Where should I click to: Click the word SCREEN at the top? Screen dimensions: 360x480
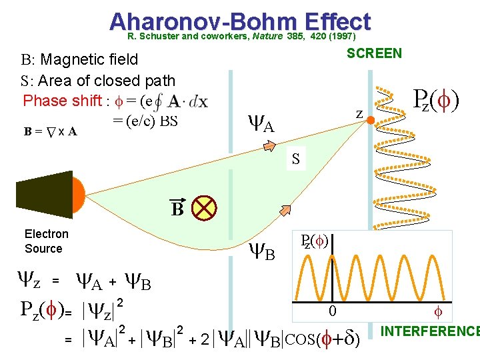click(x=374, y=53)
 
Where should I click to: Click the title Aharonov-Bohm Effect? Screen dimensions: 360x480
click(x=239, y=21)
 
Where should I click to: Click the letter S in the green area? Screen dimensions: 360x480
click(x=295, y=159)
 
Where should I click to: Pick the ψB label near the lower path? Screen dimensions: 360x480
click(x=262, y=252)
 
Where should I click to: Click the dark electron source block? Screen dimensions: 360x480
click(x=43, y=190)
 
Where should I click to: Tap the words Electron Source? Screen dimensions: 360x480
click(x=46, y=241)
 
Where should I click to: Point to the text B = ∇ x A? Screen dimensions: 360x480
click(x=51, y=131)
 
